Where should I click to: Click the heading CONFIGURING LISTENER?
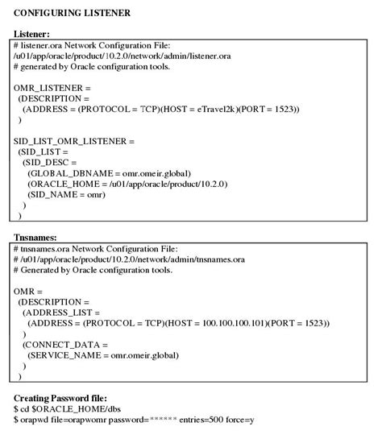72,14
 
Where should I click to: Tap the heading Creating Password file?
61,399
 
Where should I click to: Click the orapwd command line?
134,421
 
